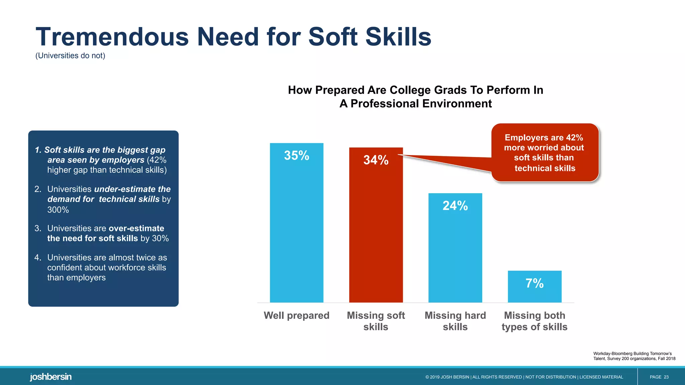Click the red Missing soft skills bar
(376, 231)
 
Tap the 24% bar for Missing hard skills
(455, 251)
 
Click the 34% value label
(376, 160)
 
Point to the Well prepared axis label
(297, 315)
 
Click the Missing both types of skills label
(534, 321)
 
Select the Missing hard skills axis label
(455, 321)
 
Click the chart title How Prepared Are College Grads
(415, 97)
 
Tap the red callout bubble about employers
(545, 153)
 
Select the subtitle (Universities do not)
(70, 56)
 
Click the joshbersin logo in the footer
(51, 377)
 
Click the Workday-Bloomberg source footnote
(634, 356)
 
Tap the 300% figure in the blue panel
(58, 210)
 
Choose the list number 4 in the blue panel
(37, 258)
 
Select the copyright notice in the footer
(524, 377)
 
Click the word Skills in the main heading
(398, 37)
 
